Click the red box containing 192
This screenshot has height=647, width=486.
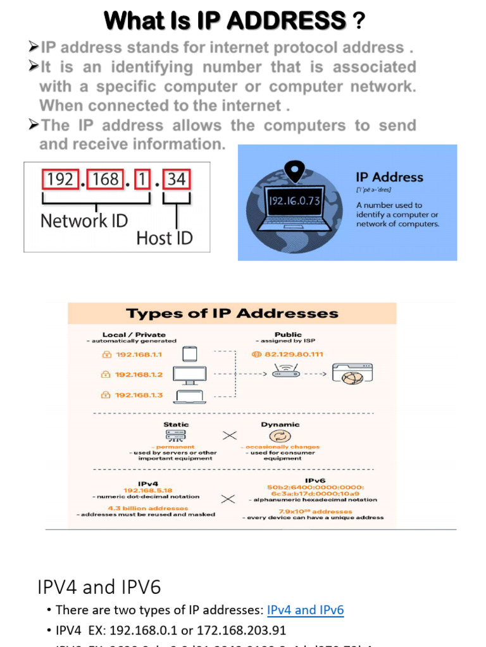60,179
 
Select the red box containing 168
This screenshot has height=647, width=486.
106,179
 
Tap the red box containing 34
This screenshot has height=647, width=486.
177,179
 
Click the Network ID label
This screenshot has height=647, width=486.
84,221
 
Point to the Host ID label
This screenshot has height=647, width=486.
165,238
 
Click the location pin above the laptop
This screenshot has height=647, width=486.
292,170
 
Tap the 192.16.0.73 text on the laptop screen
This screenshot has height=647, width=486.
294,201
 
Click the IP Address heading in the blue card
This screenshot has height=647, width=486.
389,178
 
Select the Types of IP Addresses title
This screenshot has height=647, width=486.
232,313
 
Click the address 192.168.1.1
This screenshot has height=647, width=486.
138,354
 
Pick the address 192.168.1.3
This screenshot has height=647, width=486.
138,395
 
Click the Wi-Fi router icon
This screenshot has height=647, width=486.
286,371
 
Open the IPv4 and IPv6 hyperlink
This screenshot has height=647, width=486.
305,610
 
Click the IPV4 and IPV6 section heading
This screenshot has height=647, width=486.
99,588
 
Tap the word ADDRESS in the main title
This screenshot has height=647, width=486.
286,21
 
